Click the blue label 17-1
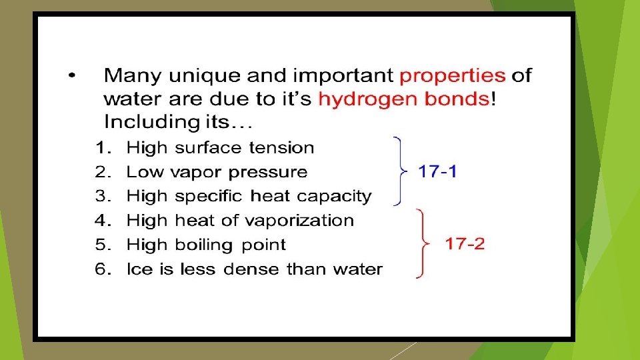tap(437, 171)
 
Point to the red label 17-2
tap(465, 243)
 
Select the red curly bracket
tap(422, 243)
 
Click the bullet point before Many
tap(72, 75)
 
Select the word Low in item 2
tap(145, 172)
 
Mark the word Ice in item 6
tap(138, 269)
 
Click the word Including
tap(139, 122)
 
